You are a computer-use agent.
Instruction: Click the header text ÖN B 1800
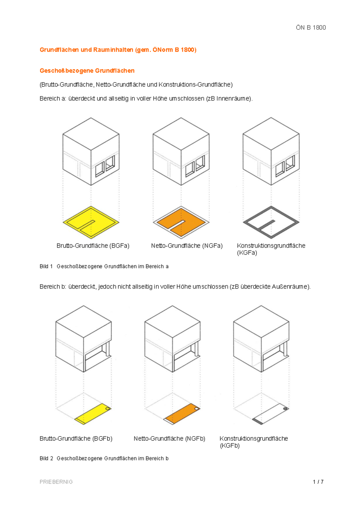tap(311, 28)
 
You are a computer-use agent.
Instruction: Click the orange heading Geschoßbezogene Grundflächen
tap(87, 71)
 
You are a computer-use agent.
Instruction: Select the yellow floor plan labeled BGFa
tap(91, 222)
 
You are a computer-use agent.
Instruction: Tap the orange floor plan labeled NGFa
tap(181, 222)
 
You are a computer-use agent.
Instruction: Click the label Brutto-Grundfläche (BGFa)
tap(93, 246)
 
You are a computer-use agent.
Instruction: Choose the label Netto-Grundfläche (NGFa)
tap(187, 246)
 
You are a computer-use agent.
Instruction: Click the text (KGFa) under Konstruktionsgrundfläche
tap(247, 253)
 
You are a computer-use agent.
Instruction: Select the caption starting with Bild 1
tap(104, 266)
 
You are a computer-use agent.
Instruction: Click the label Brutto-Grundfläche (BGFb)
tap(76, 438)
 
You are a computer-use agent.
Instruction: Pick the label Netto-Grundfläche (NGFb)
tap(169, 438)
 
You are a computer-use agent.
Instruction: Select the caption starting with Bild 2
tap(104, 458)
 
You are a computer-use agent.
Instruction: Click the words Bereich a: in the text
tap(53, 99)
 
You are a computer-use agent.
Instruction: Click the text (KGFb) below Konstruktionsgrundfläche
tap(230, 446)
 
